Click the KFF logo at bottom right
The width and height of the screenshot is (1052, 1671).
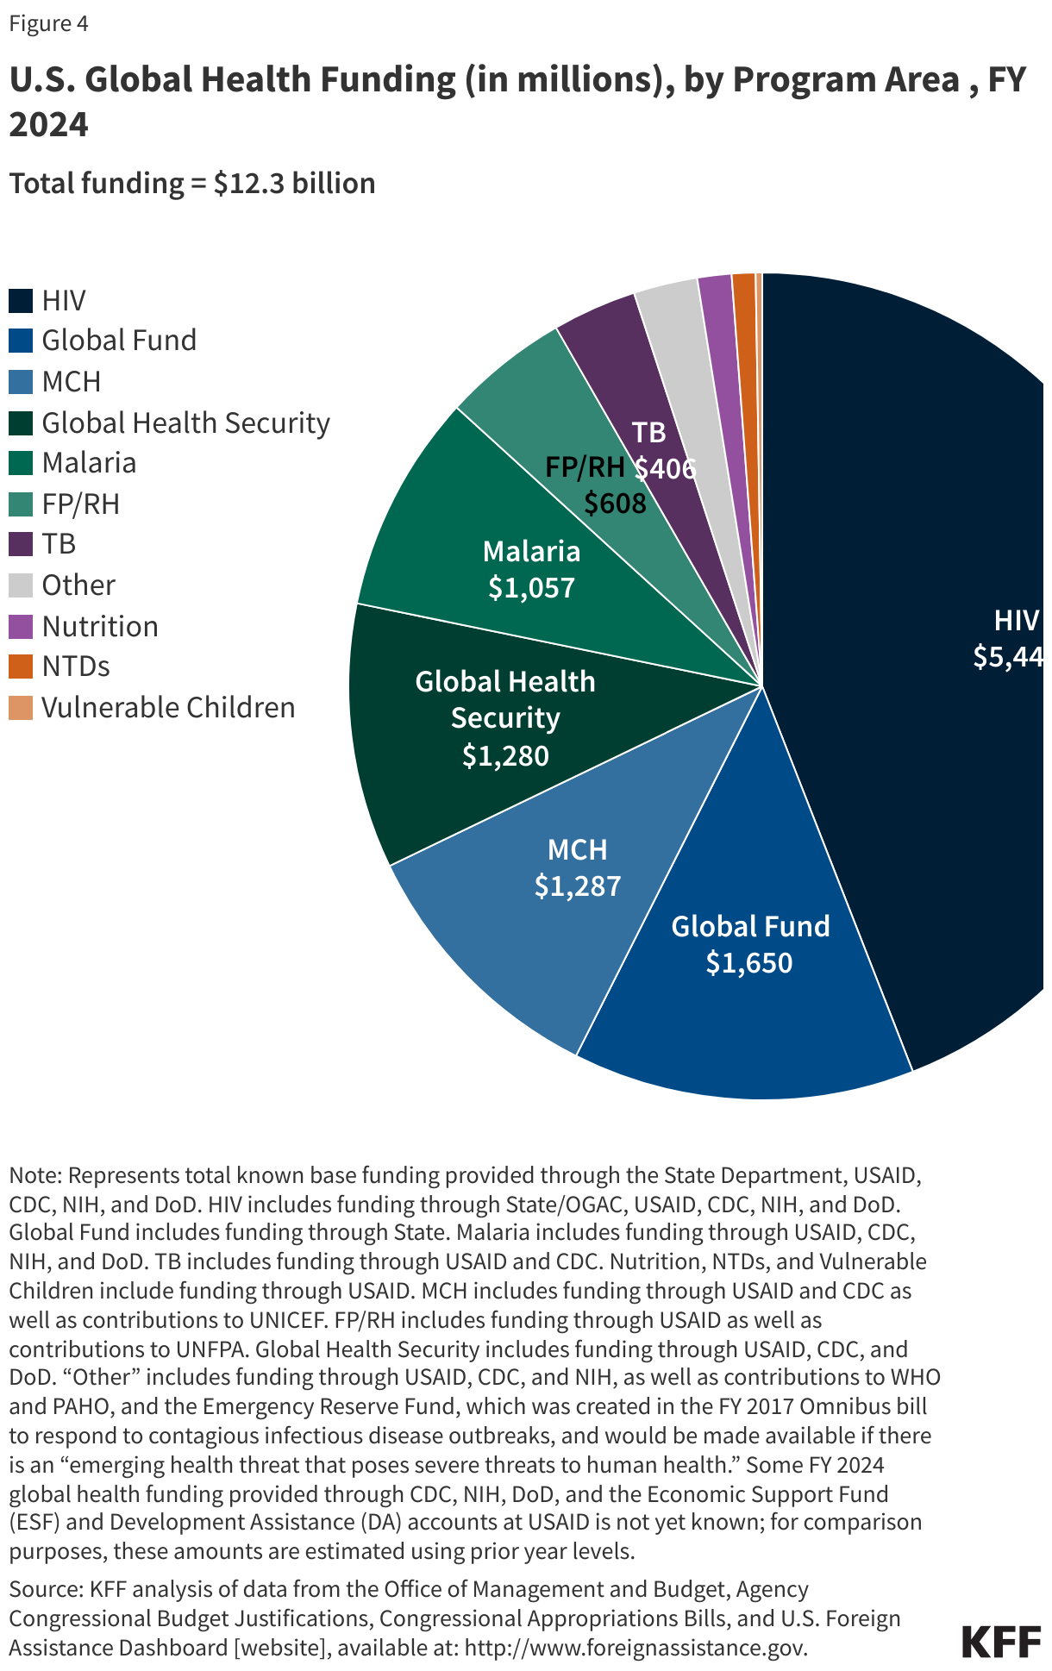pos(1000,1643)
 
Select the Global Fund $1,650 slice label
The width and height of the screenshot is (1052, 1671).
pos(749,944)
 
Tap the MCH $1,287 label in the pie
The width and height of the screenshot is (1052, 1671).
pos(577,867)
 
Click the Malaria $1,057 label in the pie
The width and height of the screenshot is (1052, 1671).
pos(531,569)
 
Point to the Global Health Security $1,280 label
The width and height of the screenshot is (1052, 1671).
pos(505,718)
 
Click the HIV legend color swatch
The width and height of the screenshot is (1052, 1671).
pos(21,301)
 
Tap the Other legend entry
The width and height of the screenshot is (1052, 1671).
pos(78,585)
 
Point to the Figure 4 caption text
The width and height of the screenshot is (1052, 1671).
pos(48,23)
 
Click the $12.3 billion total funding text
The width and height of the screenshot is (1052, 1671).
pos(294,184)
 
